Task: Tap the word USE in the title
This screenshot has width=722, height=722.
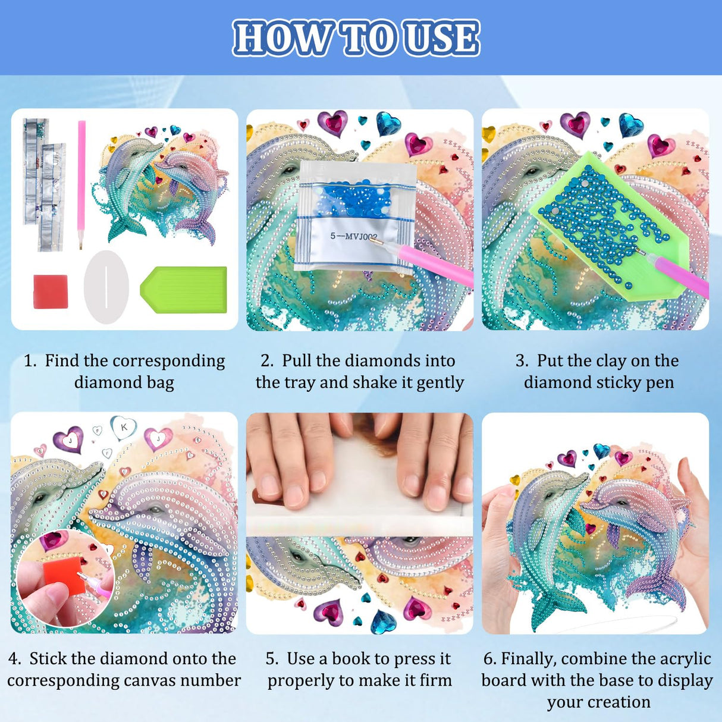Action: [x=441, y=38]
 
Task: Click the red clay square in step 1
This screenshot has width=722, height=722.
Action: [x=51, y=291]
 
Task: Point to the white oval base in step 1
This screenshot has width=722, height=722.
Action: [x=106, y=287]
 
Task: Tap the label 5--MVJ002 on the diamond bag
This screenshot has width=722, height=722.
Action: [x=354, y=237]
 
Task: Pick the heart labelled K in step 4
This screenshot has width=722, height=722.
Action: [x=124, y=427]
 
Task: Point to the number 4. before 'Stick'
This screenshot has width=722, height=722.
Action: [x=15, y=659]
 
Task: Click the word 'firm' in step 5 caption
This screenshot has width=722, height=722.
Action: [x=436, y=680]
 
